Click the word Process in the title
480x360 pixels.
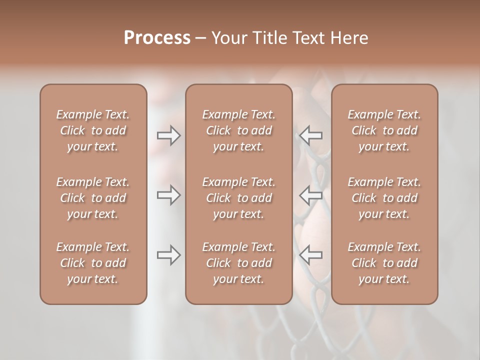click(x=157, y=38)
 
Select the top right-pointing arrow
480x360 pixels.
click(x=168, y=135)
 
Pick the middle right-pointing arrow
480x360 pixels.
click(x=168, y=195)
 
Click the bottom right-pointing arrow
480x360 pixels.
click(x=168, y=255)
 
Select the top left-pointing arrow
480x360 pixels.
click(x=311, y=135)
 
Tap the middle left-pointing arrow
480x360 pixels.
click(x=311, y=195)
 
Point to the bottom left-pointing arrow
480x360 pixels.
click(x=311, y=255)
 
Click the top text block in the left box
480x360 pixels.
click(x=93, y=130)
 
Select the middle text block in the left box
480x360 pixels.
click(x=93, y=198)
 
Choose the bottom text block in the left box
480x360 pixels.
click(x=93, y=263)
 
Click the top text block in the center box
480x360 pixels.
click(x=239, y=130)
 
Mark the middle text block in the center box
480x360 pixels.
click(x=239, y=198)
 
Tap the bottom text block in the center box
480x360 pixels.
click(x=239, y=263)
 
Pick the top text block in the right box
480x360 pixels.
click(x=384, y=130)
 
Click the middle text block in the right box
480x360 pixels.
click(x=384, y=198)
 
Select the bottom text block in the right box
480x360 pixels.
click(x=384, y=263)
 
